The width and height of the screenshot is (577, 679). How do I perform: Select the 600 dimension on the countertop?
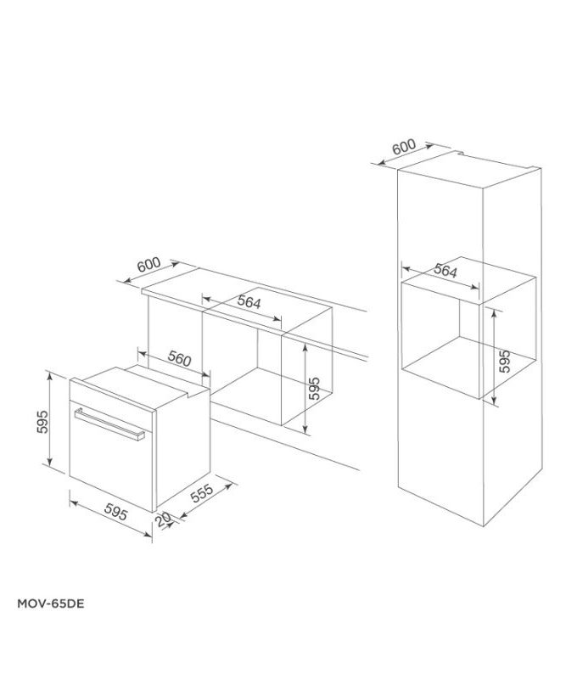(148, 265)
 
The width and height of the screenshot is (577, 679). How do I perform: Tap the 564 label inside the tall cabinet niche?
(445, 272)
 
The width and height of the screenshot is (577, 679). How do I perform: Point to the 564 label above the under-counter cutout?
(248, 303)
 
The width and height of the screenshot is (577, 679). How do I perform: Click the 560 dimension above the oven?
(178, 358)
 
